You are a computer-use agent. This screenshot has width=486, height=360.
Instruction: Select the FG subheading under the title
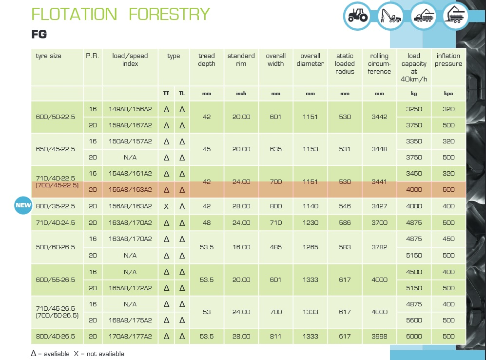39,34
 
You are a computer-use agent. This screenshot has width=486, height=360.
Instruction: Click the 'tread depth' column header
207,60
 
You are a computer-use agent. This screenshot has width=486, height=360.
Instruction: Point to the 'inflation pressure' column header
448,60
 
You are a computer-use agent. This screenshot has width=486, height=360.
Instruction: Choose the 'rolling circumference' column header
379,63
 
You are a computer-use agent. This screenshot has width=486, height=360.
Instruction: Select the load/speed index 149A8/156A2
130,109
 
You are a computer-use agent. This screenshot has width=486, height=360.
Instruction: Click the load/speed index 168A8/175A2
130,320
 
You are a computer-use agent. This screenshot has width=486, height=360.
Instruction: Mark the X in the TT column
166,206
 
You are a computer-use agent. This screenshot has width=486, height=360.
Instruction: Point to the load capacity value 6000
414,336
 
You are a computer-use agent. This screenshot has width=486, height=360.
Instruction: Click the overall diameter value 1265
310,247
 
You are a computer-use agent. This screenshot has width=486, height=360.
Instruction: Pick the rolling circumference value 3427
379,206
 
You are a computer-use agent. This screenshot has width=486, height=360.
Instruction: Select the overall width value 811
275,336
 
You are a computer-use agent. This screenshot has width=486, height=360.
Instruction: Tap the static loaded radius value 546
345,206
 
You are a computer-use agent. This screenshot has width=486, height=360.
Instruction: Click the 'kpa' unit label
448,94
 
